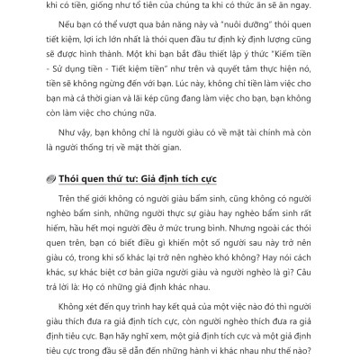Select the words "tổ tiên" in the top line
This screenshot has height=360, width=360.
139,8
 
